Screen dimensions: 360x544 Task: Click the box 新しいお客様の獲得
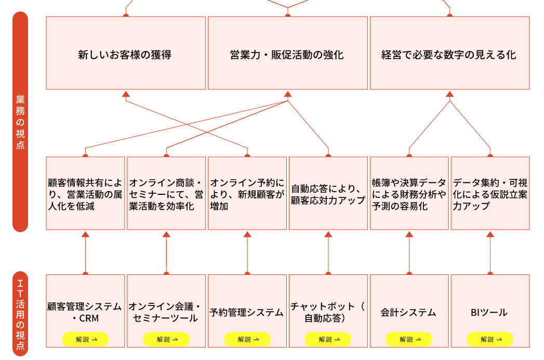coord(125,54)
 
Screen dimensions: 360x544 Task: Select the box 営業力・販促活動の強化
coord(287,54)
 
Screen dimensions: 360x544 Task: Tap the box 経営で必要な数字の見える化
coord(449,54)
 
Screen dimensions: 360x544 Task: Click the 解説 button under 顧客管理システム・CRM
coord(85,339)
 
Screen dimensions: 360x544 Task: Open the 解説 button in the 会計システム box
coord(409,339)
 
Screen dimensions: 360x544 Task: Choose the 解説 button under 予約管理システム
coord(247,339)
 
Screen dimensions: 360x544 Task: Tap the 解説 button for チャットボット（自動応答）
coord(328,339)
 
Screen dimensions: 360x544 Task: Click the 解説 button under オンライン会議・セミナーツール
coord(166,339)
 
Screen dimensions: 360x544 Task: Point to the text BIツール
coord(489,313)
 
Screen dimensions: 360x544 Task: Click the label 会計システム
coord(408,313)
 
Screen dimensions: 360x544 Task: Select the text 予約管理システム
coord(247,313)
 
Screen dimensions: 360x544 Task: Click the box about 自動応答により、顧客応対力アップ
coord(328,194)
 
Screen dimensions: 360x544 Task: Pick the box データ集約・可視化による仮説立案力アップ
coord(490,194)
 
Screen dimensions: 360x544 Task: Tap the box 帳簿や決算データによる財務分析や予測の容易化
coord(409,194)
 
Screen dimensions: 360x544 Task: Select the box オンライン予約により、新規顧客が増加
coord(247,194)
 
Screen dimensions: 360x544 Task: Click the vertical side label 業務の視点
coord(20,122)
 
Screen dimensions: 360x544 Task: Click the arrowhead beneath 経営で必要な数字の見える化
coord(450,95)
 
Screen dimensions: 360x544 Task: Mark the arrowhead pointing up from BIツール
coord(490,234)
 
